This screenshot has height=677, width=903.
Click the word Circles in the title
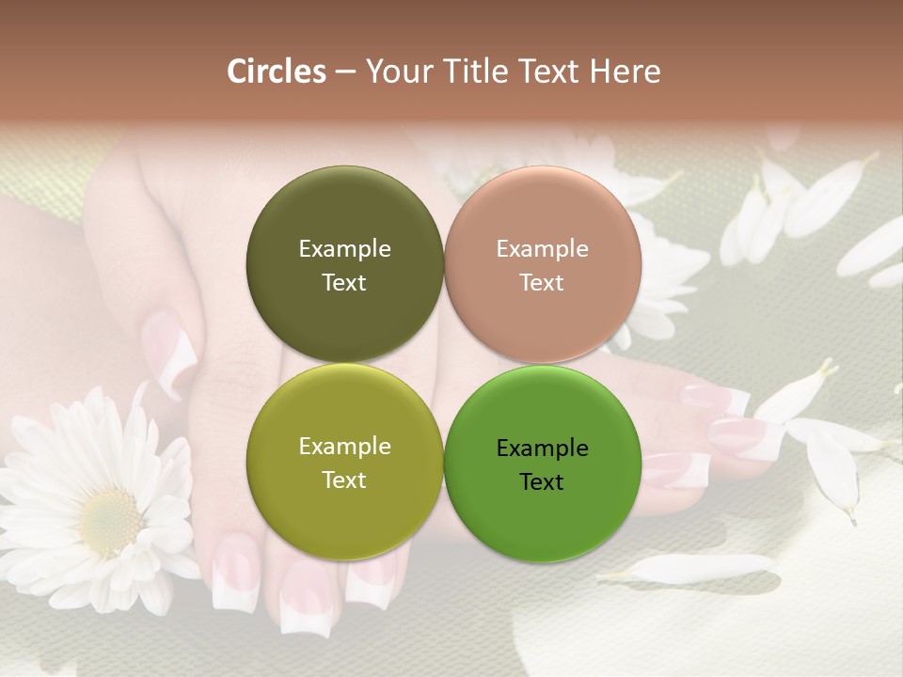[276, 71]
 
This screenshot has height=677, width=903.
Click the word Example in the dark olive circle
[344, 249]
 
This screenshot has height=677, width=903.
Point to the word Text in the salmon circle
[542, 283]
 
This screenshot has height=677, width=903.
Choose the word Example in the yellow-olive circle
[344, 447]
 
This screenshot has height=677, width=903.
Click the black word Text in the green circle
[542, 482]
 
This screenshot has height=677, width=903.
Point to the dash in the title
[345, 71]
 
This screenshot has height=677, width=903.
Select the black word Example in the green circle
[542, 449]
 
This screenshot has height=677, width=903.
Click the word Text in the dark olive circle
[344, 283]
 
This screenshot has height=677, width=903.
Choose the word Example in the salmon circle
[542, 249]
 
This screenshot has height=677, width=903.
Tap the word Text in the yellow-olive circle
[344, 480]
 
